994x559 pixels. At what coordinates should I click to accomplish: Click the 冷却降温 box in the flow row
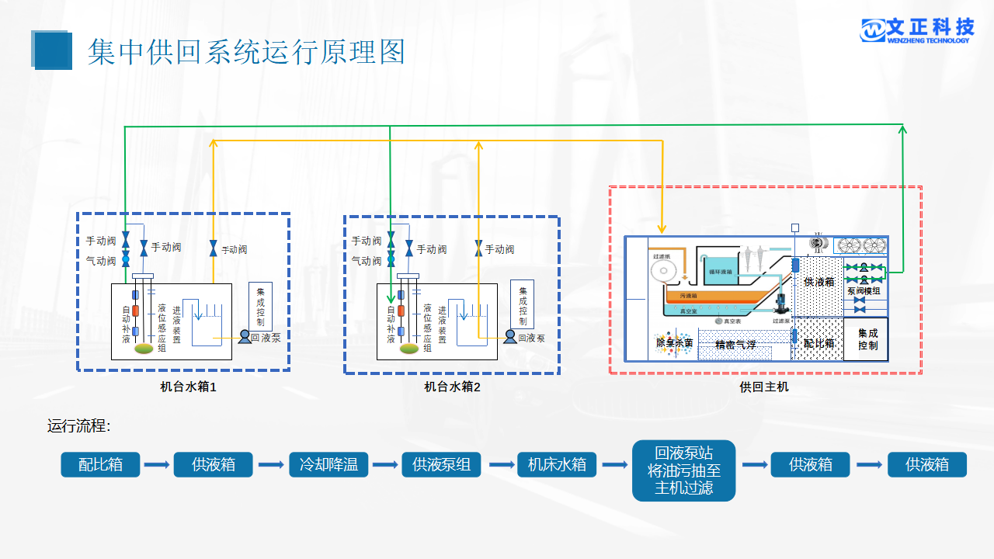pos(328,464)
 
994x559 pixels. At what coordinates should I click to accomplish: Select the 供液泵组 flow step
pos(441,464)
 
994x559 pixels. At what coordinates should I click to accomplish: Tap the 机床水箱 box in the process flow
pos(557,464)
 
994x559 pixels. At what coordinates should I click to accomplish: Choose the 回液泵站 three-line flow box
pos(683,470)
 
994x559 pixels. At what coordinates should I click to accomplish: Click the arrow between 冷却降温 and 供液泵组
pos(384,465)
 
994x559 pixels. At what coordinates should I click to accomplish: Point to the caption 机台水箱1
pos(188,386)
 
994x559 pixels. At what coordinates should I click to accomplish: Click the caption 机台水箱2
pos(453,386)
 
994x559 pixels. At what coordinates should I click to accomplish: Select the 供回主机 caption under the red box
pos(764,386)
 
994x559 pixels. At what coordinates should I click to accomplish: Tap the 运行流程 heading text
pos(78,425)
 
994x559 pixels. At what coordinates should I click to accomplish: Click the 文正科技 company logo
pos(916,30)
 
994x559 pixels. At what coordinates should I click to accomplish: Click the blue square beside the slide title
pos(52,50)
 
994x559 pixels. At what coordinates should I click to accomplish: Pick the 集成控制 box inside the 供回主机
pos(867,339)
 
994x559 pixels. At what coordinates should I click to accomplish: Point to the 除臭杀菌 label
pos(673,342)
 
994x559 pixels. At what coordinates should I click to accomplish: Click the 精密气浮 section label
pos(735,345)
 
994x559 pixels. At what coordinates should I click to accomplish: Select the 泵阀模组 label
pos(864,291)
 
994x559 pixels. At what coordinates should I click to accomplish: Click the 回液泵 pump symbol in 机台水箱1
pos(245,337)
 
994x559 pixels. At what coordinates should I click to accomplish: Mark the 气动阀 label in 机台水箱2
pos(366,261)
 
